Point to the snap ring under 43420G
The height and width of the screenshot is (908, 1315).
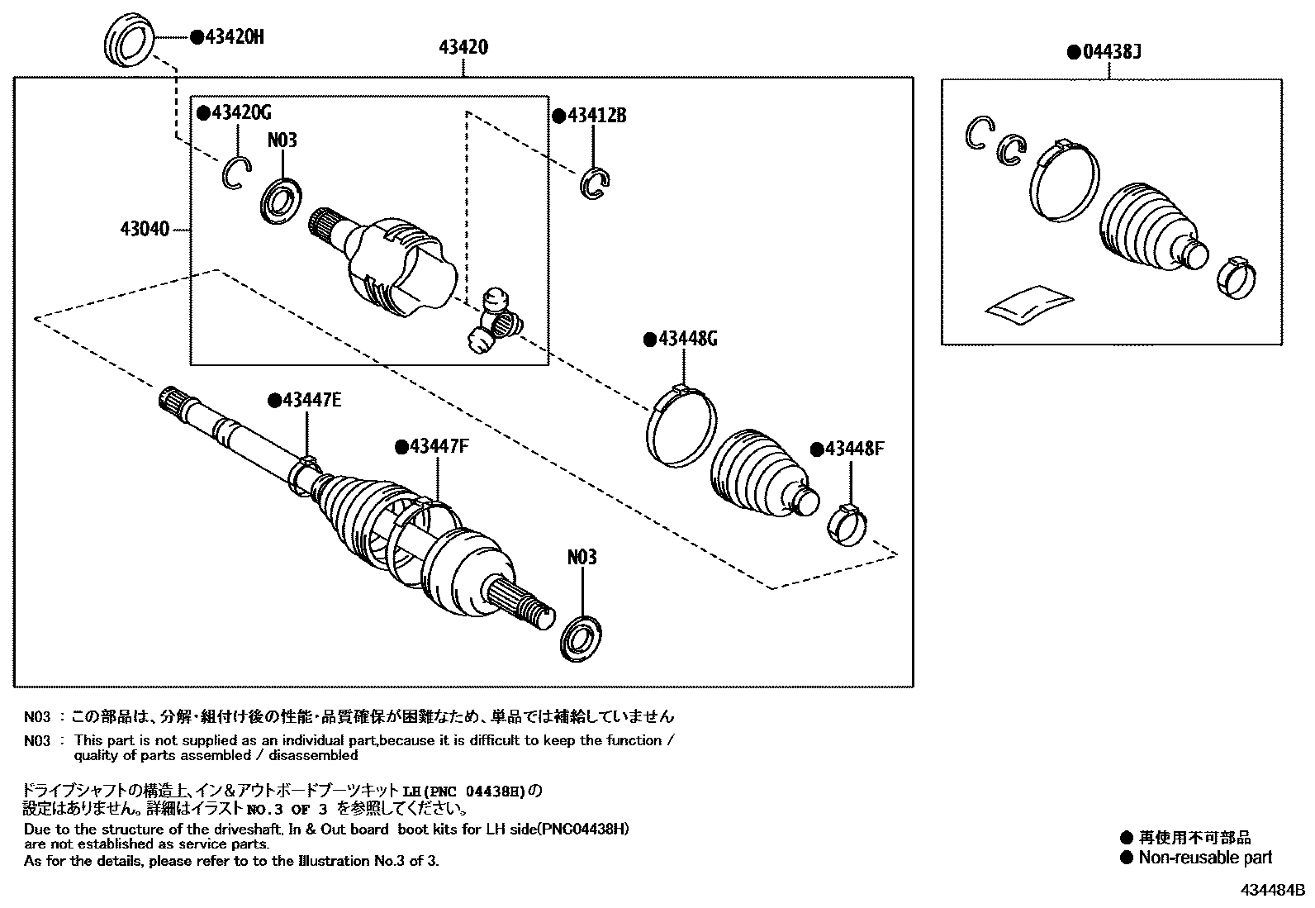(x=235, y=172)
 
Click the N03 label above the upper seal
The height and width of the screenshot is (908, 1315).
(x=282, y=140)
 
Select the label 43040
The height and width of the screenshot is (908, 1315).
(x=147, y=228)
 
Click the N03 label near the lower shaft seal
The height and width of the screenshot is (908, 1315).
(x=582, y=558)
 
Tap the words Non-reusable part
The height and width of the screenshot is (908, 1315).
(x=1205, y=858)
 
